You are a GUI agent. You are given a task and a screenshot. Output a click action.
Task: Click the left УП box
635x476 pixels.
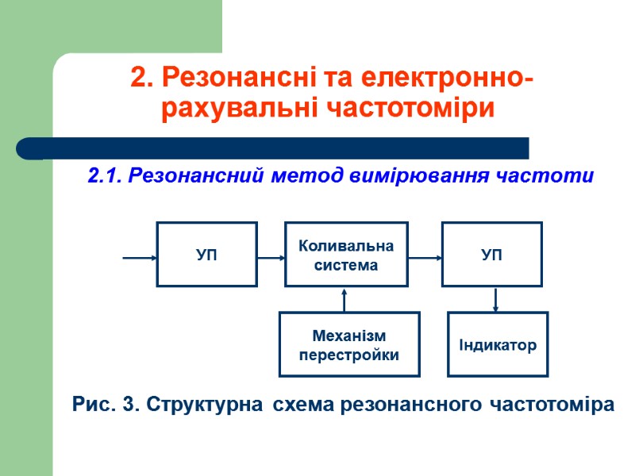pos(206,254)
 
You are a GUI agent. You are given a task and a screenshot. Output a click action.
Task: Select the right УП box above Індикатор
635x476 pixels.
pos(491,254)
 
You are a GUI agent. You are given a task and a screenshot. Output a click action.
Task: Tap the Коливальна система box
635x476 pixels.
pos(346,254)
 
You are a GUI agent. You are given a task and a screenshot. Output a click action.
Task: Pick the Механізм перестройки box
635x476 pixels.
pos(348,344)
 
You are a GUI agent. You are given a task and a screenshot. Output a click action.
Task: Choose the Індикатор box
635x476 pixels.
pos(498,344)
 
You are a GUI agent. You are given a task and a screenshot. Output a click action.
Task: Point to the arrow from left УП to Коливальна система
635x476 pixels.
pos(271,257)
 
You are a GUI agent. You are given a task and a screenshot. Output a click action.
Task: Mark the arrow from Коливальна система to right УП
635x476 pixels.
pos(425,257)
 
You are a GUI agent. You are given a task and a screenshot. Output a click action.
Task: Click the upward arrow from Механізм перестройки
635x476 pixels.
pos(344,300)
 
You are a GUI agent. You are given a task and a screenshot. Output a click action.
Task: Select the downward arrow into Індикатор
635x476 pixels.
pos(496,299)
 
